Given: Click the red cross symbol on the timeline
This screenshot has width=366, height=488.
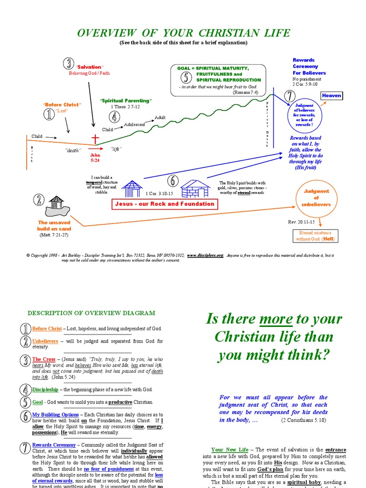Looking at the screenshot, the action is [96, 139].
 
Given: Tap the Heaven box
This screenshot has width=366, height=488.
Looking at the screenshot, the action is [332, 95].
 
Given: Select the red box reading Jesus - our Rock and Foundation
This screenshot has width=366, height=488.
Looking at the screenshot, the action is [164, 204].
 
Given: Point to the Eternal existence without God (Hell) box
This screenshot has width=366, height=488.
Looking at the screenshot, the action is [315, 235].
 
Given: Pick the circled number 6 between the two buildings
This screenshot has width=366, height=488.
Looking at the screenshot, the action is [173, 181].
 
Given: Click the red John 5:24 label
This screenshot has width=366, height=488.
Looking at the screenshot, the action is [96, 158].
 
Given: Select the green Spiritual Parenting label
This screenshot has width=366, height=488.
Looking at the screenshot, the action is [126, 101].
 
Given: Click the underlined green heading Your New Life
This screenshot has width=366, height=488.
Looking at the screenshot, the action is [230, 449].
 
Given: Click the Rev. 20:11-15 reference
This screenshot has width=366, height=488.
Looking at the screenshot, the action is [301, 222].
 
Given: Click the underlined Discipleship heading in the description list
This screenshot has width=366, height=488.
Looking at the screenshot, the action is [45, 389].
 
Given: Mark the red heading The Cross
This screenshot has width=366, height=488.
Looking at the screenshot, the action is [44, 359].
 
